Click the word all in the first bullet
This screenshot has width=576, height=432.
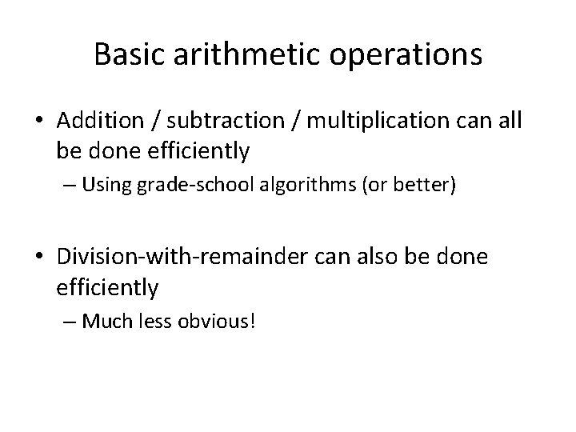click(x=506, y=121)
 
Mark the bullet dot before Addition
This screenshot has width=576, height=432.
click(x=40, y=122)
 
